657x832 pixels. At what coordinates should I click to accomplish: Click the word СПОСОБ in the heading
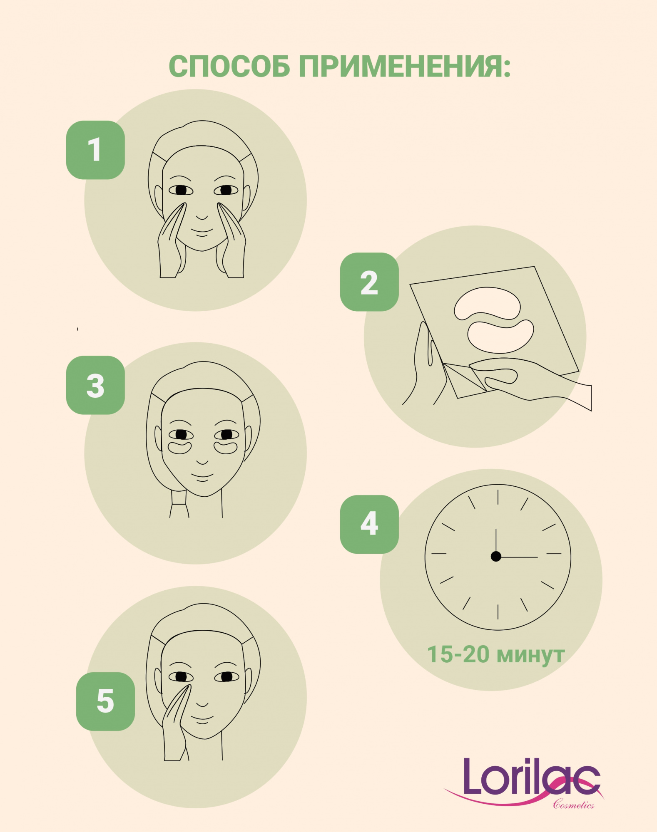229,66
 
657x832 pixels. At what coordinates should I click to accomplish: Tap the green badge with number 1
95,150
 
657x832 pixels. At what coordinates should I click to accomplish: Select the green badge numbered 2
369,282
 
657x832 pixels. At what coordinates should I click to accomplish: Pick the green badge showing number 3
95,385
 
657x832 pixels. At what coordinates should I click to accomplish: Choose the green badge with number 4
369,524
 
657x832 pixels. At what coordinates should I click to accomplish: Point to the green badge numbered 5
105,701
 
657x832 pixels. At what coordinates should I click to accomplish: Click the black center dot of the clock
496,556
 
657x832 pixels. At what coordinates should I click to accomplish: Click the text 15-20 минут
496,654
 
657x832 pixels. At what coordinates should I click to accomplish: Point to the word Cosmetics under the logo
573,805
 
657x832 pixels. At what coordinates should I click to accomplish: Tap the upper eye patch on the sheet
487,303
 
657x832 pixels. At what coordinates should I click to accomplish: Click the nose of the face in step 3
202,462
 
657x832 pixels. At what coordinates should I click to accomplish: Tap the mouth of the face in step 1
202,232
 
